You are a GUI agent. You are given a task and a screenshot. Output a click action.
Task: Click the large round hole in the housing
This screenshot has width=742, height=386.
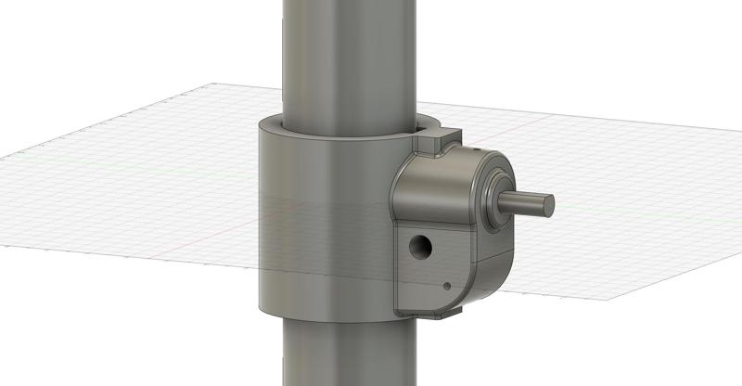[422, 246]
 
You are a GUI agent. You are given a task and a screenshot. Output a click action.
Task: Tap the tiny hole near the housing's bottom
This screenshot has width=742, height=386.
[447, 286]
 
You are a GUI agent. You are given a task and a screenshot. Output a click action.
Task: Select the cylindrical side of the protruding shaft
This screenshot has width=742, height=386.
[525, 203]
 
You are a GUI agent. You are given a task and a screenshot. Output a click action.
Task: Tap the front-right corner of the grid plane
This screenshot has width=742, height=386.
[608, 302]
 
